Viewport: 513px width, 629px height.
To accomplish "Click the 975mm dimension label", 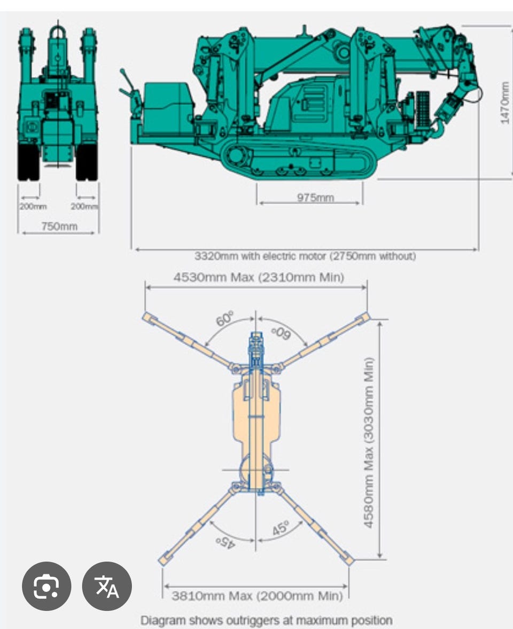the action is click(x=315, y=198).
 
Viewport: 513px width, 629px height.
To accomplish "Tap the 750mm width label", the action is click(x=59, y=226).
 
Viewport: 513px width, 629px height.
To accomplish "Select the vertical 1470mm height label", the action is click(x=504, y=103).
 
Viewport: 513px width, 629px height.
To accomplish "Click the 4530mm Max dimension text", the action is click(x=214, y=277).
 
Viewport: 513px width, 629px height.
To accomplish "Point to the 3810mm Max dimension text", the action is click(x=212, y=596).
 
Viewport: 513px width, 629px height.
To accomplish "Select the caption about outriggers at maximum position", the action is click(x=267, y=620).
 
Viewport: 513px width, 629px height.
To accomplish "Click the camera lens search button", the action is click(x=46, y=586).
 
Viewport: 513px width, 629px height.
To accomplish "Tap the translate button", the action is click(x=107, y=586).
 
